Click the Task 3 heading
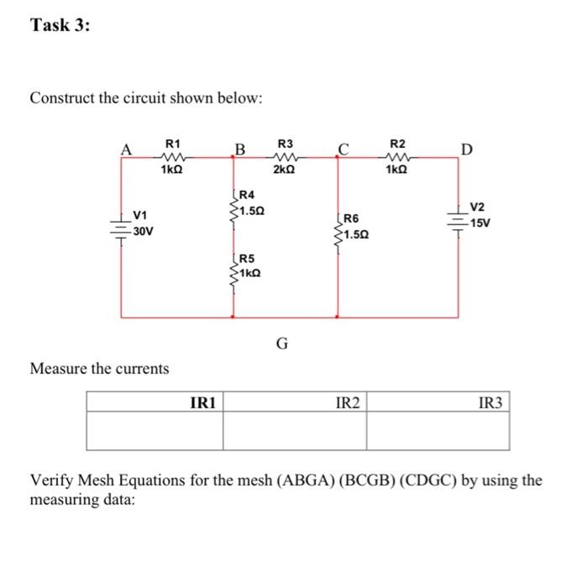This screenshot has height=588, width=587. [60, 26]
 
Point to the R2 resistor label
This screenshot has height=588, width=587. [397, 144]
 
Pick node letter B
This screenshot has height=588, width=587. [239, 151]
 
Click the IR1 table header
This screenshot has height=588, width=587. [204, 403]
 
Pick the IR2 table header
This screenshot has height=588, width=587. [348, 403]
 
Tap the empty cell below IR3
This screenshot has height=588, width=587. [437, 431]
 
